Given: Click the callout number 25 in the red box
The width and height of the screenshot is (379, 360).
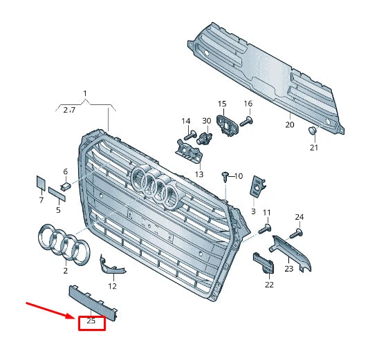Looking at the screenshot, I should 91,321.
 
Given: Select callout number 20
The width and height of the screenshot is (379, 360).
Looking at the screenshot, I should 290,125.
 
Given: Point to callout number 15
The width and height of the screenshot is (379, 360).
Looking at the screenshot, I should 222,104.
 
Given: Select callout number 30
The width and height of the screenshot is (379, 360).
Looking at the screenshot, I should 206,121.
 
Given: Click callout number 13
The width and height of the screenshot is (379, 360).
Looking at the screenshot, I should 198,174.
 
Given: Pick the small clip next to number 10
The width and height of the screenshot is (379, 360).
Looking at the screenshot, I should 225,176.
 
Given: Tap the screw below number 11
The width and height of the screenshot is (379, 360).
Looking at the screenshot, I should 264,227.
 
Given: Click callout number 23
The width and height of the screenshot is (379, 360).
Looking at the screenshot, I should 288,268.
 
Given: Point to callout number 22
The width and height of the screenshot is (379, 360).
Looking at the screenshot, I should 269,285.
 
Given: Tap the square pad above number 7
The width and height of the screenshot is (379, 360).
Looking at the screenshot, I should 40,182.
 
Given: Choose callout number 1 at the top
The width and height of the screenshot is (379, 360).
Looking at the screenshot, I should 85,93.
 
